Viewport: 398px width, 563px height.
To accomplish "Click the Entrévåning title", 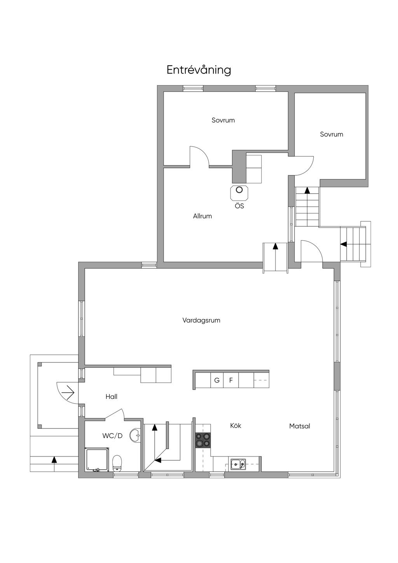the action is coord(199,70).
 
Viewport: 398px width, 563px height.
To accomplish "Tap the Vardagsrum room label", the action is coord(201,320).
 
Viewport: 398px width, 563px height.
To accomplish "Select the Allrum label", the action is coord(202,216).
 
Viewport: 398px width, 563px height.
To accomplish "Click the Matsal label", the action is coord(300,426).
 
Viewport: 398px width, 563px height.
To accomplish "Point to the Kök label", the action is coord(236,425).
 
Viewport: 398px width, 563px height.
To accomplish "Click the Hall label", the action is coord(111,397).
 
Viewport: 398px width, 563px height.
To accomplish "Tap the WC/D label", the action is coord(112,436).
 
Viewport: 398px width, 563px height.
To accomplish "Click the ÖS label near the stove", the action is coord(239,206).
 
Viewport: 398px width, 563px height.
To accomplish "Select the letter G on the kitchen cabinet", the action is coord(217,380).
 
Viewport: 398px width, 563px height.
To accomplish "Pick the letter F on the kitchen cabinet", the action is coord(231,380).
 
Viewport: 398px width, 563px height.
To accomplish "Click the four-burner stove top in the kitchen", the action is coord(203,441).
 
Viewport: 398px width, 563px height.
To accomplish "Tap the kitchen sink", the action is coord(238,464).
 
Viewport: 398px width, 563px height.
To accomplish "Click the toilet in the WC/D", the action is coord(117,463).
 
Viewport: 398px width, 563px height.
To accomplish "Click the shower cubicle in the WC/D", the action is coord(97,459).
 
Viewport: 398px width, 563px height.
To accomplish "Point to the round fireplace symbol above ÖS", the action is coord(239,190).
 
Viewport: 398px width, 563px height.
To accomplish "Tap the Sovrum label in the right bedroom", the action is coord(332,134).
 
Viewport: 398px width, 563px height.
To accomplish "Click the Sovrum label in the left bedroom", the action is coord(223,120).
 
